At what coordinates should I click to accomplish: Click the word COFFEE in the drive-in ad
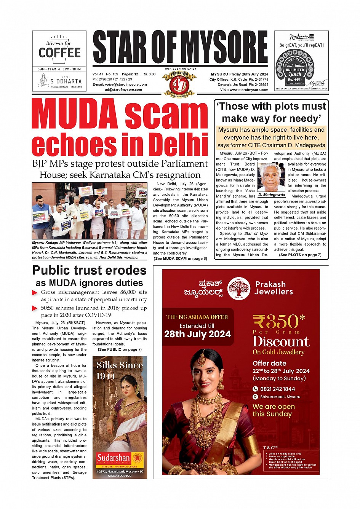60,53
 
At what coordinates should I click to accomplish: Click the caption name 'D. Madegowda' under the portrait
271,195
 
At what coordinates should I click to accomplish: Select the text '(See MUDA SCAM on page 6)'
180,258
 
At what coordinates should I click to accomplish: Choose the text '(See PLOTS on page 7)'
300,255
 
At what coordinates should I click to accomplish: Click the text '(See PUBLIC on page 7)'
120,349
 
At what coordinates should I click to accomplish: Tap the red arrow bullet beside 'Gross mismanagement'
35,293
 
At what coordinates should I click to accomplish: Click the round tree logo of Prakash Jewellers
238,288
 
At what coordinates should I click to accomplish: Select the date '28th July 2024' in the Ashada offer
197,334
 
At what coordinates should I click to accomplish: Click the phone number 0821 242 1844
277,389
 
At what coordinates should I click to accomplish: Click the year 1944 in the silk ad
106,377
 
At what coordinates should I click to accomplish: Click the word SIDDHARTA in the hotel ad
66,81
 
